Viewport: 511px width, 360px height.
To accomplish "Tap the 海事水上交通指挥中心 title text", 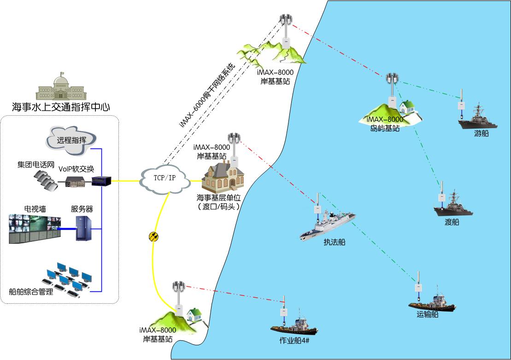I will click(x=61, y=107).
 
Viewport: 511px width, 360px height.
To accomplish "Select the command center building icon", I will click(x=60, y=87).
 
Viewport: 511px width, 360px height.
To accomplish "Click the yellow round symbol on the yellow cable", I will click(x=153, y=236).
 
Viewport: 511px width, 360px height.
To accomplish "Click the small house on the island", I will click(x=406, y=108).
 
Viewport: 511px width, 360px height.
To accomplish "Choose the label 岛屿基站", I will click(x=385, y=129).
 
